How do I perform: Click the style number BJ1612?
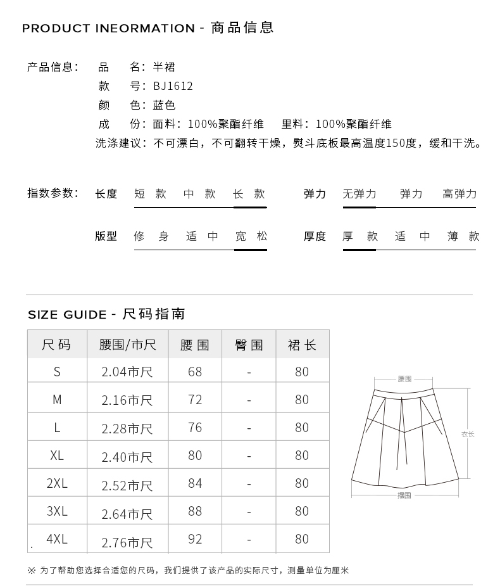coord(173,86)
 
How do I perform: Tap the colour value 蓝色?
coord(164,105)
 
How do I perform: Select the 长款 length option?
coord(249,194)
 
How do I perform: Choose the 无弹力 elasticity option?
coord(359,194)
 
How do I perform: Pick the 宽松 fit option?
coord(251,236)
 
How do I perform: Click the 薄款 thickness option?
coord(463,236)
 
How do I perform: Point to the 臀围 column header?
coord(249,345)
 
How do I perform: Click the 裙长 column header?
coord(302,345)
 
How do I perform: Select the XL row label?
coord(57,455)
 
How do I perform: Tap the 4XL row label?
coord(57,539)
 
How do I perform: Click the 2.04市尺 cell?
coord(127,372)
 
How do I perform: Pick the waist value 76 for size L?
coord(195,428)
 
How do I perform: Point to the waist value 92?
coord(195,539)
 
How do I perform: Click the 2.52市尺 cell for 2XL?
coord(127,485)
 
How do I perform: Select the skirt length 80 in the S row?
coord(302,372)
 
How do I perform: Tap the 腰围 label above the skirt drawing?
coord(404,379)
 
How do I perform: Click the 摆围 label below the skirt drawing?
coord(404,495)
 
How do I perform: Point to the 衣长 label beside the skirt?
coord(468,434)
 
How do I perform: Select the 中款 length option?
coord(199,194)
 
